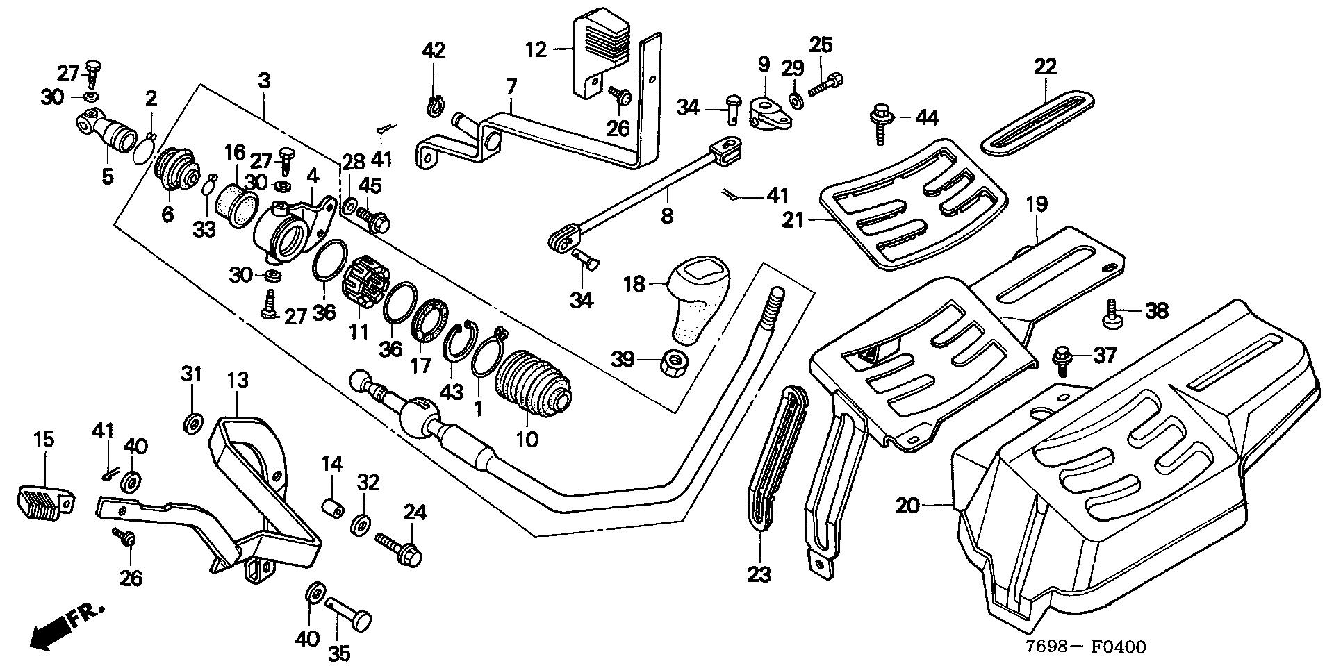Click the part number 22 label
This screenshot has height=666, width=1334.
1044,67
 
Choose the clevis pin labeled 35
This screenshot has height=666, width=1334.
349,611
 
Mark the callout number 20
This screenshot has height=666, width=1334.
907,506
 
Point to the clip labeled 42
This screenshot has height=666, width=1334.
434,106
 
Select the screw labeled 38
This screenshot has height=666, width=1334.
1111,315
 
